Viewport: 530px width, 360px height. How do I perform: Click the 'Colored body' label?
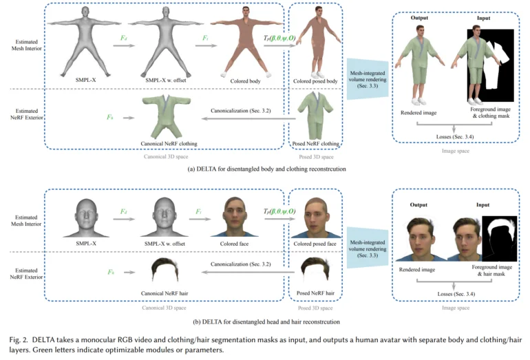[x=245, y=81]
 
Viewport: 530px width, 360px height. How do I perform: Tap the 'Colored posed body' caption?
[x=315, y=81]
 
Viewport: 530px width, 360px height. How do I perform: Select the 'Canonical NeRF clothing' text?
[x=169, y=143]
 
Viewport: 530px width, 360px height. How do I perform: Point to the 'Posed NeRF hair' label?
[x=315, y=293]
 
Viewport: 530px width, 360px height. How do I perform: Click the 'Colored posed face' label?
[x=315, y=244]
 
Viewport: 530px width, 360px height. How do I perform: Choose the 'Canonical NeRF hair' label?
[x=165, y=293]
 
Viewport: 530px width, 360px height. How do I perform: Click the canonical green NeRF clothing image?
[x=166, y=116]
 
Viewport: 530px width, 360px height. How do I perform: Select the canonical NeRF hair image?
[x=165, y=269]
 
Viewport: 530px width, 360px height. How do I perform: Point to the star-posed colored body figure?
[x=246, y=42]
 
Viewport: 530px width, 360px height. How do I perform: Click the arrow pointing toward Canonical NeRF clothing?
[x=248, y=118]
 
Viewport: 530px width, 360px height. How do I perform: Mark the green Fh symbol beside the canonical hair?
[x=111, y=272]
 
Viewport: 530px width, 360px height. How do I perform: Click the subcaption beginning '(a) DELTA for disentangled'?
[x=266, y=169]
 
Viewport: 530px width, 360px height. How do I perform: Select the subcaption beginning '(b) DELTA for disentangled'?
[x=266, y=321]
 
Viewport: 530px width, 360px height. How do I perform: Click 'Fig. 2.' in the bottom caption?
[x=19, y=339]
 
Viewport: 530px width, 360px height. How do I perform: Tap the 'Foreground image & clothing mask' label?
[x=491, y=113]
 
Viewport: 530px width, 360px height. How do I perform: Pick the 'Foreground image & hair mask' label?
[x=492, y=271]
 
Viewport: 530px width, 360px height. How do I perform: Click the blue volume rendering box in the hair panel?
[x=368, y=248]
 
